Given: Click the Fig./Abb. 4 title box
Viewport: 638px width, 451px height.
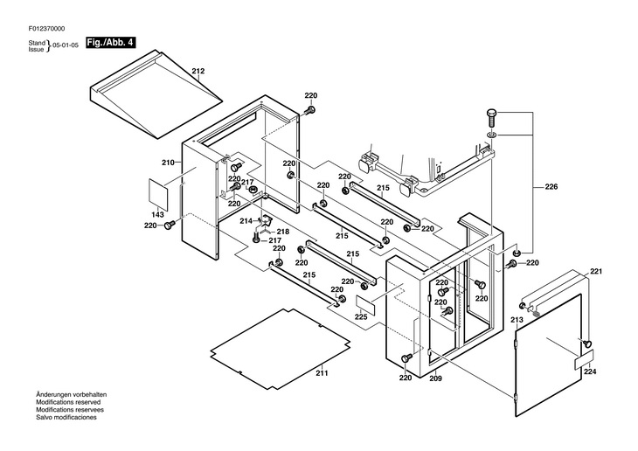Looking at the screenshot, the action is coord(110,42).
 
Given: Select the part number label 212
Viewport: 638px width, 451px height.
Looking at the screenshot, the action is coord(198,71).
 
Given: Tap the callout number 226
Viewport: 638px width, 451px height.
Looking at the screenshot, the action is coord(551,187).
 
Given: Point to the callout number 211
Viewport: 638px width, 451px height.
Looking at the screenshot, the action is coord(322,373).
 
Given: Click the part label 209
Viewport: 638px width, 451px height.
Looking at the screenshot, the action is coord(435,378).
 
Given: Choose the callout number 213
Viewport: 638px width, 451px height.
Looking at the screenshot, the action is coord(517,320).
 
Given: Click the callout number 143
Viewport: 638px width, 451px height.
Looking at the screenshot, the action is coord(157,214).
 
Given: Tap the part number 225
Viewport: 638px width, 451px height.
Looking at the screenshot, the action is coord(361,317).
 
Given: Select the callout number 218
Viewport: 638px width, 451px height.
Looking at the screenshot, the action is coord(283,232).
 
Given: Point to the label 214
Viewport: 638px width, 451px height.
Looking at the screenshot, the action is coord(246,221).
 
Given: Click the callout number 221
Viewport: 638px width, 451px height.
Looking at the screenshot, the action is coord(596,272).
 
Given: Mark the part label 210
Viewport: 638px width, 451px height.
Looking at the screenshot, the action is coord(168,163).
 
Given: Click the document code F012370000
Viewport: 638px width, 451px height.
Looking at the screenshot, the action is coord(46,29).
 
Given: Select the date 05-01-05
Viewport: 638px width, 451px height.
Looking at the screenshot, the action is coord(66,45).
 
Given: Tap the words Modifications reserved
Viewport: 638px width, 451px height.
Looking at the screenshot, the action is coord(68,402).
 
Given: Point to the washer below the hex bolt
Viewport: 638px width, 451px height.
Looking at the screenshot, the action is coord(491,135).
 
